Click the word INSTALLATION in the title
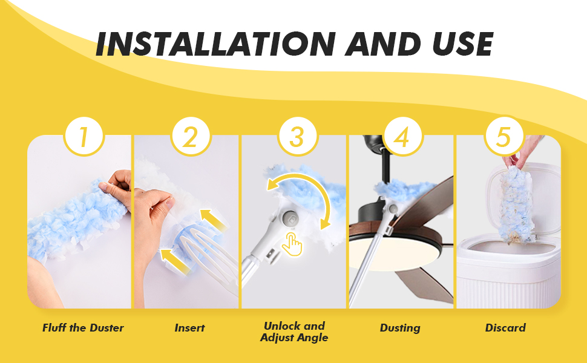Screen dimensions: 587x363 click(x=215, y=44)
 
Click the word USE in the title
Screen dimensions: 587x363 click(x=462, y=44)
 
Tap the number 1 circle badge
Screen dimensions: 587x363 click(x=84, y=136)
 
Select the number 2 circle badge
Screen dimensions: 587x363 click(x=191, y=136)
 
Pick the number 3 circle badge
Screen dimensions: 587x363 click(x=298, y=136)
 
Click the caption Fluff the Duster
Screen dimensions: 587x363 click(x=83, y=328)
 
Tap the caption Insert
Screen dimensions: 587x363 click(x=190, y=328)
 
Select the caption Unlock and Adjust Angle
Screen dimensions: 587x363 click(x=294, y=332)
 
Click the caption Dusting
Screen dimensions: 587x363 click(x=400, y=328)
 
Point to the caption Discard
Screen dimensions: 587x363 click(x=505, y=328)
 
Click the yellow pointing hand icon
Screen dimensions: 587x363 click(x=292, y=244)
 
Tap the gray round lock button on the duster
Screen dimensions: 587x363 click(x=290, y=218)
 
